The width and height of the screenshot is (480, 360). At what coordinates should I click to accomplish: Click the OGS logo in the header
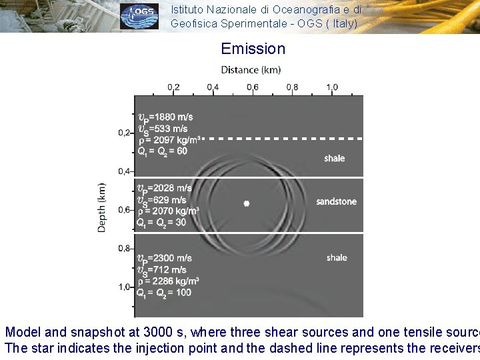point(139,16)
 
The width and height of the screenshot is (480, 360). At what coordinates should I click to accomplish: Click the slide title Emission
point(253,49)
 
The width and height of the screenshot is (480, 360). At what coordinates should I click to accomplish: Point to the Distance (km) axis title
point(251,70)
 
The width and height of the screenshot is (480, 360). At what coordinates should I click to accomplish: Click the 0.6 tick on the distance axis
point(253,87)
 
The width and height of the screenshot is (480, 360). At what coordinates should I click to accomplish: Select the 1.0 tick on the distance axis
point(332,87)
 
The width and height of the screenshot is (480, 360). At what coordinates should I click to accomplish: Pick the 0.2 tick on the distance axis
point(173,87)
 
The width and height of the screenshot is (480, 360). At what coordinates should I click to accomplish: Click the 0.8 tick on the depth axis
point(124,249)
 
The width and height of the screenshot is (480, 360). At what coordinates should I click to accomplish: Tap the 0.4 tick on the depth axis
point(124,171)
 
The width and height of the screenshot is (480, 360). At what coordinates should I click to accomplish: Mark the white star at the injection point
point(246,203)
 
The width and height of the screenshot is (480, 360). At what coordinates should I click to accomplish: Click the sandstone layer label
point(336,201)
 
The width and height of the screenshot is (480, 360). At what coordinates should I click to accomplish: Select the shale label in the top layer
point(335,159)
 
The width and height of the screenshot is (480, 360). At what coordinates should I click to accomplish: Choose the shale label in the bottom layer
point(337,257)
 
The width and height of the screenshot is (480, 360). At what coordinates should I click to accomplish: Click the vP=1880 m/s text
point(165,117)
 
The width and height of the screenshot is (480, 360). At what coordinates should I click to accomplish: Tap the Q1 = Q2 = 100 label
point(163,293)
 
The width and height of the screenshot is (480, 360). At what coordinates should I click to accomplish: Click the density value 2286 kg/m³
point(168,281)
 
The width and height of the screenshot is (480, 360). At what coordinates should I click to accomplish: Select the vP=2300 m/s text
point(164,258)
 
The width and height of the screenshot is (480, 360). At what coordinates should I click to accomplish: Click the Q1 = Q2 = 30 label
point(161,223)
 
